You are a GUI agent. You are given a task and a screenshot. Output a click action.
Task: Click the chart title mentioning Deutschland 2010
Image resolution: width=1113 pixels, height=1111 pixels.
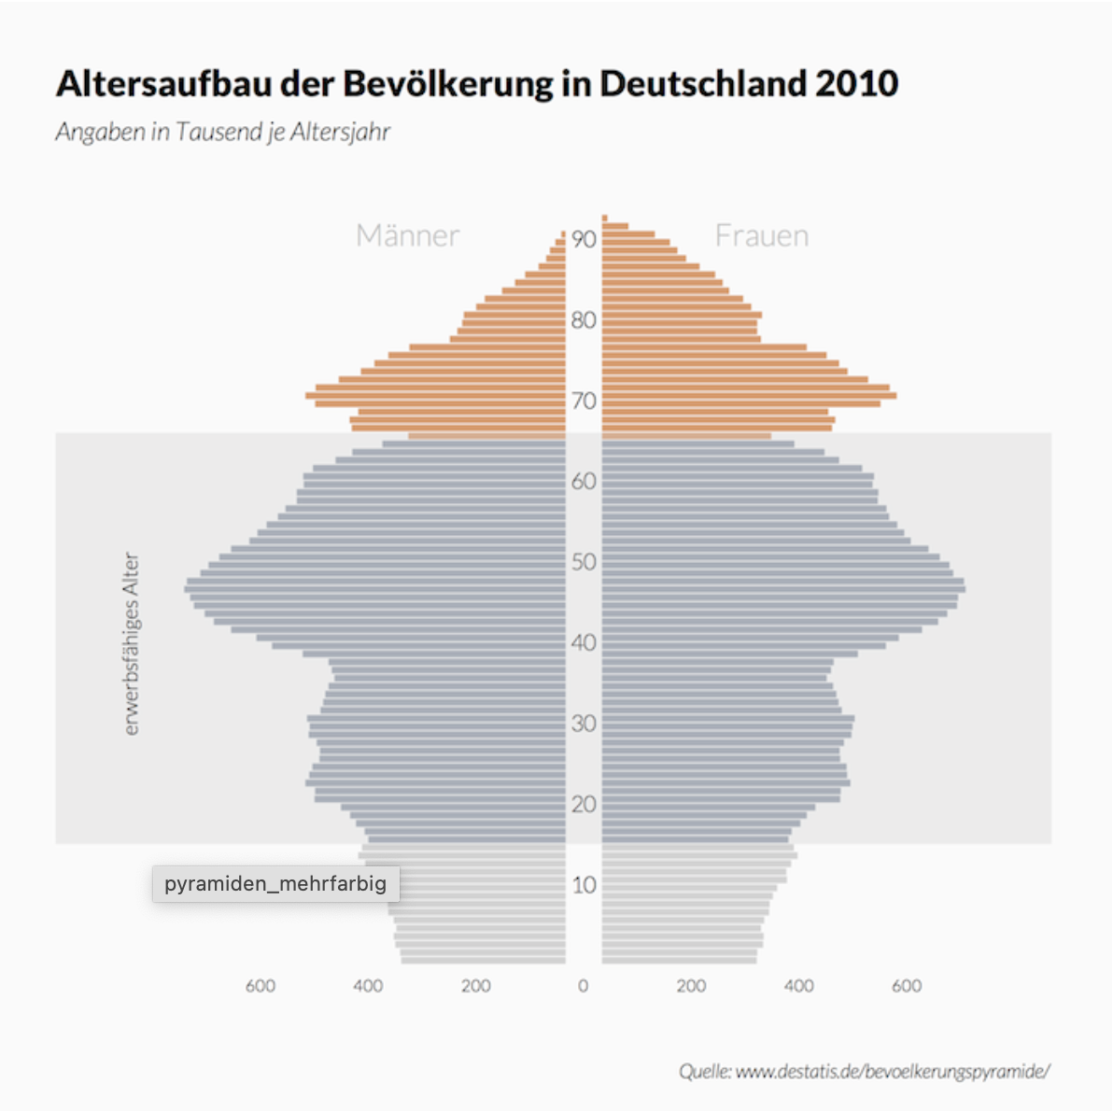click(476, 84)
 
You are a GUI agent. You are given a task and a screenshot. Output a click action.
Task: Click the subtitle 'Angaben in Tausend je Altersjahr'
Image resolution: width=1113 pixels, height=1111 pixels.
click(222, 132)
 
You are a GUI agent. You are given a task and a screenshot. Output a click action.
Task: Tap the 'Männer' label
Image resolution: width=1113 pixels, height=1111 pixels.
click(407, 235)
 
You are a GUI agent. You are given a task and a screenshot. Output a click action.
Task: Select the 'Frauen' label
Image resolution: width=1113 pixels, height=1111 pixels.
click(762, 235)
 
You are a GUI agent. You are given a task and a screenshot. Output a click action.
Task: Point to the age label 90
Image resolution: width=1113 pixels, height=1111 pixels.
click(584, 239)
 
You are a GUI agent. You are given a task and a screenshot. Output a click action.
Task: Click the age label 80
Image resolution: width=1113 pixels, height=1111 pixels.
click(584, 320)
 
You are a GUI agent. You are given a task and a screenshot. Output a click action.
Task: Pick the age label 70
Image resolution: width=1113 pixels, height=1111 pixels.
click(584, 401)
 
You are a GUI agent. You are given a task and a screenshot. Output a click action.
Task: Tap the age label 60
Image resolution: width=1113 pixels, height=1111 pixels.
click(584, 481)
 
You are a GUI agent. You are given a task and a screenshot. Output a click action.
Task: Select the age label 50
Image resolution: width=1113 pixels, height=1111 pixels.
click(584, 562)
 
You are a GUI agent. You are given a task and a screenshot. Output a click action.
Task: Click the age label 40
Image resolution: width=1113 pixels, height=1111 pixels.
click(584, 642)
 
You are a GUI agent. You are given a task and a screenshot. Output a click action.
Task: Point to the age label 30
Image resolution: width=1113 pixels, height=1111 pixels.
click(584, 724)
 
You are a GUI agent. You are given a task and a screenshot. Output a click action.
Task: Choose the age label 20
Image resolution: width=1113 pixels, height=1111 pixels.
click(584, 804)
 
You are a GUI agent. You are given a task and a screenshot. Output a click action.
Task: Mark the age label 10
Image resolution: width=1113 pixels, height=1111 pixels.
click(584, 885)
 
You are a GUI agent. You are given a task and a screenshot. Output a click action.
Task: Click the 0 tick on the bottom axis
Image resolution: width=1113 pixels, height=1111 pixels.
click(584, 986)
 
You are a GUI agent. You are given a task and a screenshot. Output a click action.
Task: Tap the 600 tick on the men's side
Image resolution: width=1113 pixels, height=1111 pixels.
click(261, 986)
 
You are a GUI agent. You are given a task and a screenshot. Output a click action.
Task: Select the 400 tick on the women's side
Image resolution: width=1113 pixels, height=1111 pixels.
click(798, 986)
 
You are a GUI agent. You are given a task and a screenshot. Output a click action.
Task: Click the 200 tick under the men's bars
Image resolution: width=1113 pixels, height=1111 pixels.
click(475, 986)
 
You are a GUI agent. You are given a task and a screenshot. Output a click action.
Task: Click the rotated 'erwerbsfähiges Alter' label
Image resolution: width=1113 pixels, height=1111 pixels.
click(132, 644)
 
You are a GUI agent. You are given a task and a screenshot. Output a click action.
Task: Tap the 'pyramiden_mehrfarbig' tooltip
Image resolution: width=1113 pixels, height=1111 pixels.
click(275, 884)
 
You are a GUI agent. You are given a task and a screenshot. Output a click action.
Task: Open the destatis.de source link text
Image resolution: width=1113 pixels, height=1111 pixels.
click(864, 1071)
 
